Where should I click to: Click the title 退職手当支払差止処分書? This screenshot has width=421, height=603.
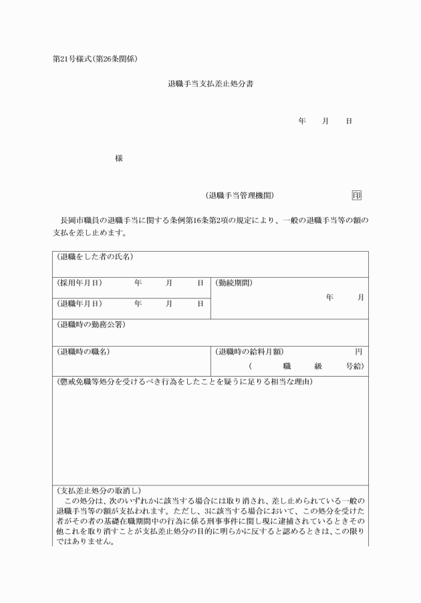(210, 85)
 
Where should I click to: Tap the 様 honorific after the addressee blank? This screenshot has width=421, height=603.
(118, 158)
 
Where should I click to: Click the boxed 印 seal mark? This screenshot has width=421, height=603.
(357, 196)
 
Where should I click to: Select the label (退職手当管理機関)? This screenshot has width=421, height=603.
(239, 196)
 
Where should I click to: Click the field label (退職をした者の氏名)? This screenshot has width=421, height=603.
(95, 257)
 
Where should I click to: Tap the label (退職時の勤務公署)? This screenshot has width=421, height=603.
(91, 325)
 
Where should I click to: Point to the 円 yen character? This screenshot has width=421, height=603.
(359, 351)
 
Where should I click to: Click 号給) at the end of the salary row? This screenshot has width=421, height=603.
(355, 366)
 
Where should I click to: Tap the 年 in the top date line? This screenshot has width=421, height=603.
(302, 121)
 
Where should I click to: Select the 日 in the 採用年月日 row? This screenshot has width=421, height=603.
(200, 283)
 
